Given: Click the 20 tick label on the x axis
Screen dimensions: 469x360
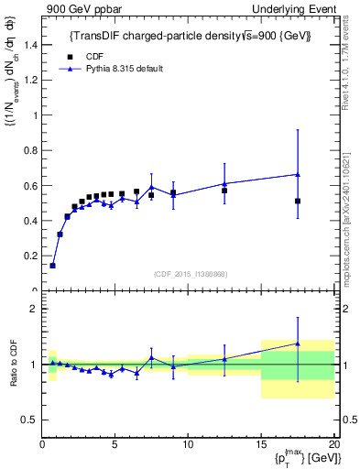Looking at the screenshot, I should (333, 447).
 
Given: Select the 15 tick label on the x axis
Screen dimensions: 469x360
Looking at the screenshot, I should (261, 447).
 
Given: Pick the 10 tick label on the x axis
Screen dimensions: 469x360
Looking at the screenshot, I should (188, 447).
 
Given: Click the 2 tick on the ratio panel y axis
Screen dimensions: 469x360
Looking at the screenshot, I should (34, 310).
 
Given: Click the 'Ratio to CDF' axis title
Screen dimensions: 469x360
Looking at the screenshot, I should (12, 365).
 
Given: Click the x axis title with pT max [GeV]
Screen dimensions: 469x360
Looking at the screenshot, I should (301, 458).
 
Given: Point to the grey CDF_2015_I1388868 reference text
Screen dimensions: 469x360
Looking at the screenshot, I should (190, 273).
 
